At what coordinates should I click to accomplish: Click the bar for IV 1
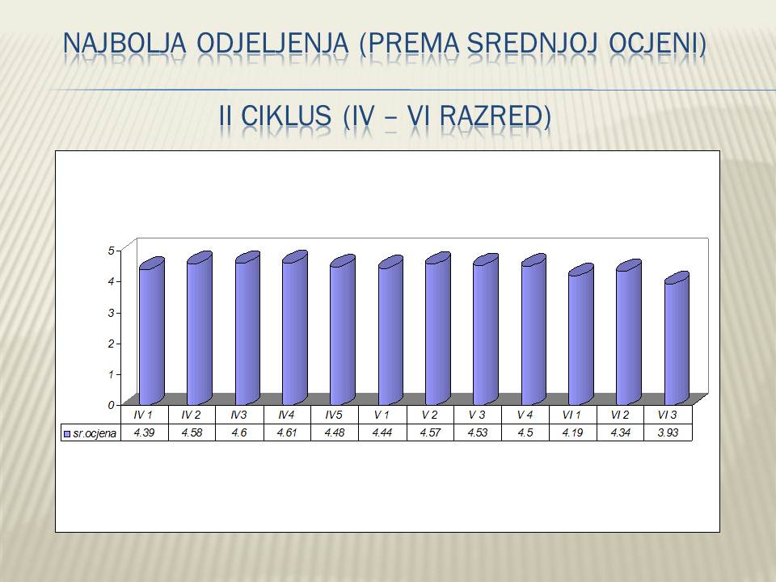point(151,331)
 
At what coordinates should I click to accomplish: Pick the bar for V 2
point(438,328)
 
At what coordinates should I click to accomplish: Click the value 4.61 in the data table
point(287,432)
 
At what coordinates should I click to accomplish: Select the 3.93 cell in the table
point(668,432)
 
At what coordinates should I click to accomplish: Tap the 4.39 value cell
point(144,432)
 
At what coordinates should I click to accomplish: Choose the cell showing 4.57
point(430,432)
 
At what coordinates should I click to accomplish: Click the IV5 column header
point(334,415)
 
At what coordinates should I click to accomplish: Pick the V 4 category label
point(525,415)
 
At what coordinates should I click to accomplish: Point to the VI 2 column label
point(620,415)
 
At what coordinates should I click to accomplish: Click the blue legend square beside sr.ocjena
point(67,434)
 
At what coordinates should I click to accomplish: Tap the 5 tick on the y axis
point(111,251)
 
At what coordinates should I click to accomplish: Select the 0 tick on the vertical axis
point(111,405)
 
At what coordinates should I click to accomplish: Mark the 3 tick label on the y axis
point(111,313)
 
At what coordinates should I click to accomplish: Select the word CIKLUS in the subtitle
point(286,116)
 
